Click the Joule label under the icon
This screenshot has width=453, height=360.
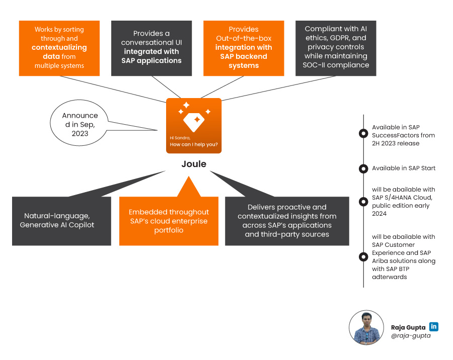[x=194, y=164]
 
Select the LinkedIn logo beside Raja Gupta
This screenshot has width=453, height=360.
[x=434, y=326]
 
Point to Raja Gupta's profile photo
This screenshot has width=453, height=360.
[x=366, y=327]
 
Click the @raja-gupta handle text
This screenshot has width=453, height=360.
[x=411, y=335]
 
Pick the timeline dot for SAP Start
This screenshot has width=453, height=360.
[x=363, y=168]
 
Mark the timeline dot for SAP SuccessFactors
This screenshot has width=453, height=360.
[x=363, y=133]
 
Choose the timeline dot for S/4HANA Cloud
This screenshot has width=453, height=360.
[x=363, y=201]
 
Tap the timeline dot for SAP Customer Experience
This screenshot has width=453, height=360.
[x=363, y=257]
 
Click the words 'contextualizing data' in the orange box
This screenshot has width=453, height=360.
[x=60, y=52]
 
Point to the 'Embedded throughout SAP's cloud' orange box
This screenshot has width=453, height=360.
[x=169, y=221]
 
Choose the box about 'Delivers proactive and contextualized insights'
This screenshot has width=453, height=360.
[x=287, y=220]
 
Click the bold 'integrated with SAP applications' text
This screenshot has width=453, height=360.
[x=152, y=56]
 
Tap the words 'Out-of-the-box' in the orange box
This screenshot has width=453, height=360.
[x=244, y=39]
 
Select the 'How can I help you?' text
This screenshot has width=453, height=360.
[x=194, y=144]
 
